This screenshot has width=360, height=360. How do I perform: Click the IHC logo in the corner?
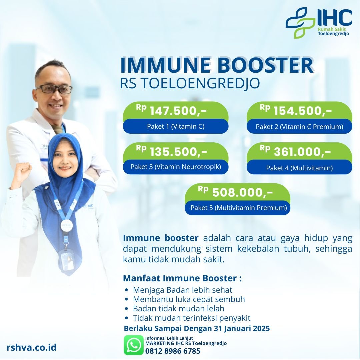[x=319, y=23]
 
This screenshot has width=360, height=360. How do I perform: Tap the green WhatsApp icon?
[x=133, y=345]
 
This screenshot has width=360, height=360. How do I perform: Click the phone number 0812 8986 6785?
[x=173, y=351]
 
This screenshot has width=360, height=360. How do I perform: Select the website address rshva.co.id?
[x=31, y=347]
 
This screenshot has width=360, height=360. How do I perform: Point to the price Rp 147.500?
[x=171, y=110]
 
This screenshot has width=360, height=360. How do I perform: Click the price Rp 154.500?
[x=295, y=110]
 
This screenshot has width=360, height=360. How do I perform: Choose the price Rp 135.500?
[x=171, y=151]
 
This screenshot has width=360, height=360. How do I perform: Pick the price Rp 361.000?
[x=295, y=151]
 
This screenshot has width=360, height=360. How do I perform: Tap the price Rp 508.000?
[x=235, y=192]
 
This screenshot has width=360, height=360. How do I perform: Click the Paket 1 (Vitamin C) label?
[x=176, y=126]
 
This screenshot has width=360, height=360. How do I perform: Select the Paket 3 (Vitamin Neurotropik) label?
[x=176, y=167]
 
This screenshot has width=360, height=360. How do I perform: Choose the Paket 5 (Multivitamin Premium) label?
[x=239, y=208]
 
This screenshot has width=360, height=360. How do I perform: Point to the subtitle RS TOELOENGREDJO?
[x=190, y=83]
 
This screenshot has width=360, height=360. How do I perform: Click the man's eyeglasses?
[x=54, y=89]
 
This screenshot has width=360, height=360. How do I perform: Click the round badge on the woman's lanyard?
[x=67, y=225]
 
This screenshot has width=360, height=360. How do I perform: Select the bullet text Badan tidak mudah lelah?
[x=179, y=309]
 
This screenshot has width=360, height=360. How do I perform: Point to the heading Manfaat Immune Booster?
[x=182, y=278]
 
